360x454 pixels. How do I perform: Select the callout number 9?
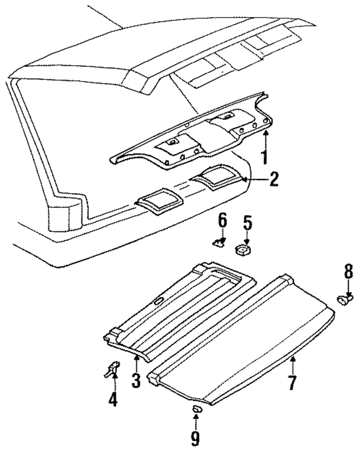tap(195, 439)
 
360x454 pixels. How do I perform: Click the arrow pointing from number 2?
tap(252, 179)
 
